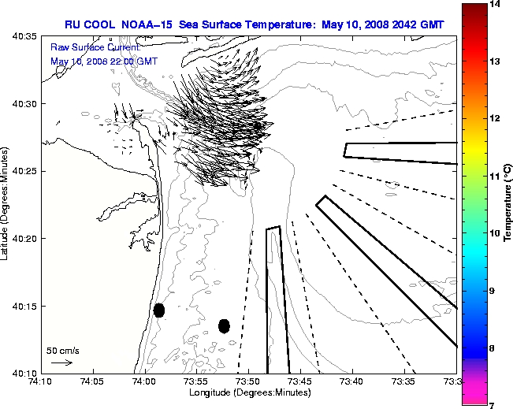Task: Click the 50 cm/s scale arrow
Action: point(61,363)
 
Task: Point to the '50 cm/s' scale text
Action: point(63,350)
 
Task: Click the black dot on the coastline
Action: point(159,310)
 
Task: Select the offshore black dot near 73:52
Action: point(225,325)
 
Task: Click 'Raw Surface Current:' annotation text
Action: point(84,48)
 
